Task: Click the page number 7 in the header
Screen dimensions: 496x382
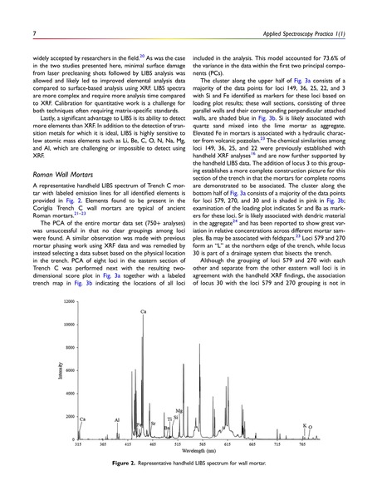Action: (x=34, y=10)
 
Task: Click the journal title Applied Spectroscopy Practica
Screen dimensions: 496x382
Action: (x=302, y=10)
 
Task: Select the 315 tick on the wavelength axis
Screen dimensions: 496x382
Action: (x=77, y=445)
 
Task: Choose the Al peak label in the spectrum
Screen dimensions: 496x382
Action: (x=117, y=420)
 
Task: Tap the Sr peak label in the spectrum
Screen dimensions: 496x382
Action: (x=153, y=424)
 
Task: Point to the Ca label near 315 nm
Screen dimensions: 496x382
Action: (x=82, y=419)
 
